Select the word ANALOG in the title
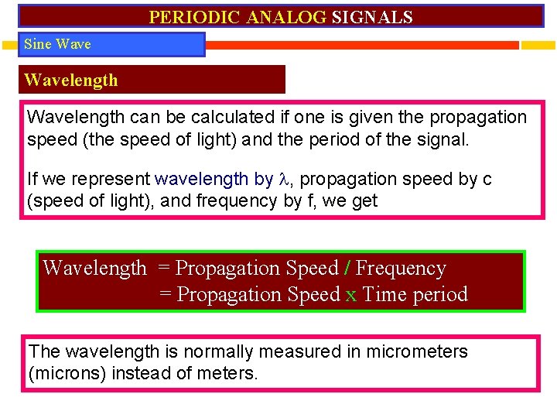coord(287,17)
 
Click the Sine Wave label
coord(57,44)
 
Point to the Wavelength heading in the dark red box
coord(71,80)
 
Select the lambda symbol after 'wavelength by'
coord(282,180)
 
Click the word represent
coord(114,180)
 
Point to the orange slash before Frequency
coord(347,269)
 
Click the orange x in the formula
coord(351,295)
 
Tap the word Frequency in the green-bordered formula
coord(401,269)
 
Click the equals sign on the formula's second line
coord(166,295)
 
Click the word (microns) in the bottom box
coord(67,373)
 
